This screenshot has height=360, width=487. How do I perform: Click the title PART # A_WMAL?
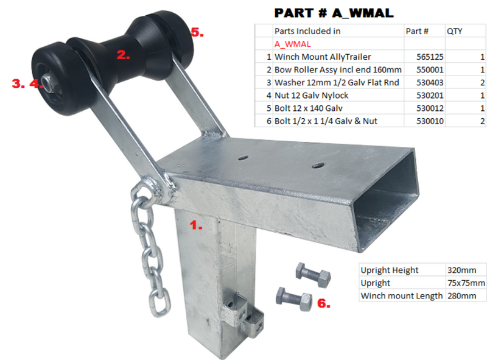pos(334,13)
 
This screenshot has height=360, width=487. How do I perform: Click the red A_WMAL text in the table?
pos(292,44)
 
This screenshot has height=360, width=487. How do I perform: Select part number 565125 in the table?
pos(430,57)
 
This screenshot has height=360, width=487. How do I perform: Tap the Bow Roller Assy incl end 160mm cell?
pos(338,69)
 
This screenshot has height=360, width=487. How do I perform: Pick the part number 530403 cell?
pos(430,83)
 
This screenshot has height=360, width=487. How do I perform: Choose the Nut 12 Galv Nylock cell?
pos(311,96)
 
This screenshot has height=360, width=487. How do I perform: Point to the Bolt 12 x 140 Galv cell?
pos(309,108)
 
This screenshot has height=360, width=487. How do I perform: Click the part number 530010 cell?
pos(430,121)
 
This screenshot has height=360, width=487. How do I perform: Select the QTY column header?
pos(454,31)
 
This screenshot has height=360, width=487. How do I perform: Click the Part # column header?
pos(417,31)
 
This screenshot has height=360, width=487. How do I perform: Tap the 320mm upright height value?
pos(461,270)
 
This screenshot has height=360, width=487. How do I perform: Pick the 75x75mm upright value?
pos(466,283)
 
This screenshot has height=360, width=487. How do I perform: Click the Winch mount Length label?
pos(401,295)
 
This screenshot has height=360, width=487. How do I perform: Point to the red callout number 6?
pos(324,303)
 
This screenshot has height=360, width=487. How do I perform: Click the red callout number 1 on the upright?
pos(195,225)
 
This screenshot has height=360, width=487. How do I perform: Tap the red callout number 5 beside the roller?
pos(197,32)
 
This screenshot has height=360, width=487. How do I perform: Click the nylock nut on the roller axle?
pos(47,83)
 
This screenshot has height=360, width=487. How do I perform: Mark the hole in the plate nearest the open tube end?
pos(317,166)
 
